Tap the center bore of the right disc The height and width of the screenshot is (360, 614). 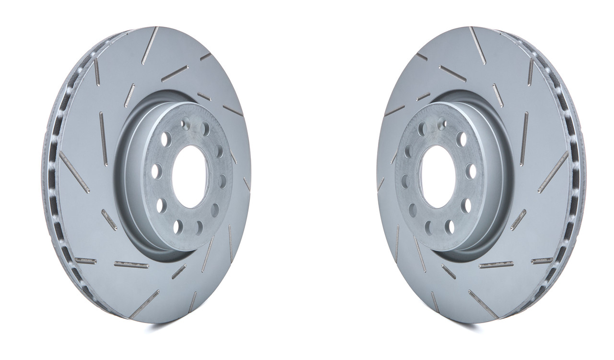[x=436, y=176]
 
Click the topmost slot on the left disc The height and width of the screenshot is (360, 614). [x=150, y=45]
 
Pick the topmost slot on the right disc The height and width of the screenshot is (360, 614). [x=477, y=45]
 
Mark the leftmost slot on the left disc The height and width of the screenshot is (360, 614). [x=74, y=172]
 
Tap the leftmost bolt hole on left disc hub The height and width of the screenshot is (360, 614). [x=156, y=171]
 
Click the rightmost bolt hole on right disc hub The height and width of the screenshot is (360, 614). [x=471, y=171]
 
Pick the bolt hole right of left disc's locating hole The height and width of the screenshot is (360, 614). [x=205, y=129]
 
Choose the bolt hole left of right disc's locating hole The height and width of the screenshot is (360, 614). [x=422, y=129]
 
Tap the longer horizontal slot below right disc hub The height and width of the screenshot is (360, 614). [x=496, y=264]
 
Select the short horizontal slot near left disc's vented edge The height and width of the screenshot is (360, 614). [x=85, y=261]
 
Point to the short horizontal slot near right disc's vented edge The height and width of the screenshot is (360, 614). [x=542, y=261]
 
